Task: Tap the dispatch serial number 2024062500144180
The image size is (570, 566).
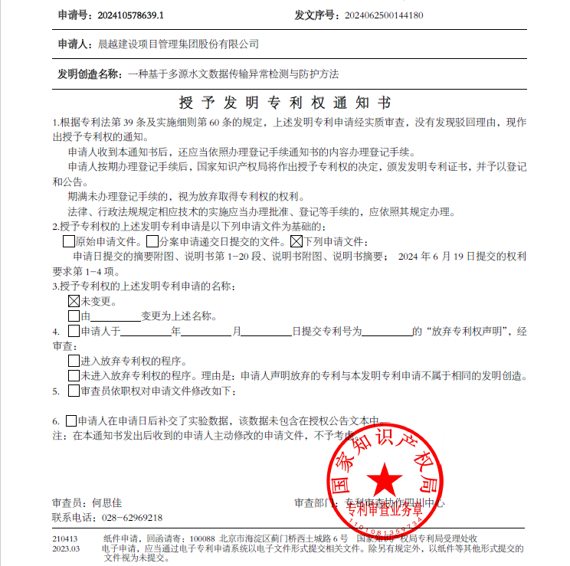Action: click(x=384, y=15)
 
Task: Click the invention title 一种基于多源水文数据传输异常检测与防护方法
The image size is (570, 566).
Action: click(x=233, y=74)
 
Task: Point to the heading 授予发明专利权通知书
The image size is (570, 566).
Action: click(x=284, y=103)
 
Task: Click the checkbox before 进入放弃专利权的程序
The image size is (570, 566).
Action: click(x=74, y=360)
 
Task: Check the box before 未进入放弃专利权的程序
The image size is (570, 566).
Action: click(x=74, y=375)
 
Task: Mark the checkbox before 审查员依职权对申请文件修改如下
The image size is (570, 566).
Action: click(x=74, y=391)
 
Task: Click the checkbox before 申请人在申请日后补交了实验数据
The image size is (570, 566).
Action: click(x=72, y=420)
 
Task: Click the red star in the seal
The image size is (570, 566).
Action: click(x=385, y=480)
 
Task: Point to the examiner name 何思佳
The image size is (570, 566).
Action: click(x=107, y=503)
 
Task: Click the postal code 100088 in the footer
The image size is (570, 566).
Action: click(x=202, y=539)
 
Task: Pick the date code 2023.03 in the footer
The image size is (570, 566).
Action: click(x=65, y=549)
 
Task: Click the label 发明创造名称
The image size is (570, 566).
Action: click(x=89, y=74)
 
